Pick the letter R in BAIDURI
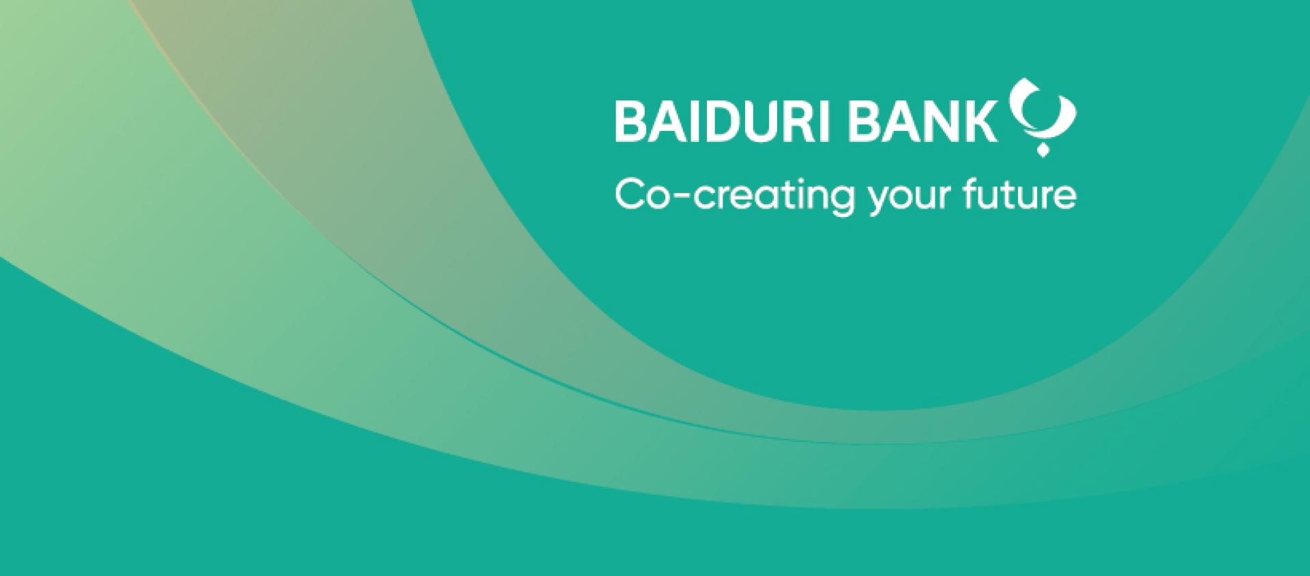click(x=795, y=121)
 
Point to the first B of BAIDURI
click(x=630, y=121)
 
